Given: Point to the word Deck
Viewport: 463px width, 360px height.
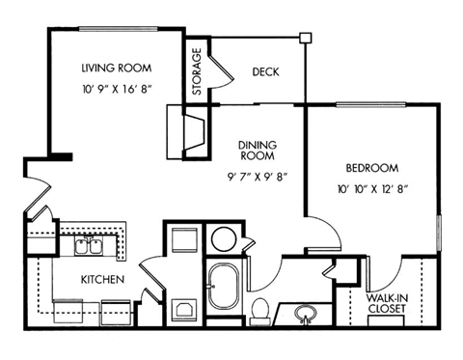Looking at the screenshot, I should pos(264,72).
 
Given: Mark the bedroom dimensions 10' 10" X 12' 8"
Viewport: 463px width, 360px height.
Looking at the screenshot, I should pos(371,188).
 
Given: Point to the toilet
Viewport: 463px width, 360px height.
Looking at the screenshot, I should pos(259,308).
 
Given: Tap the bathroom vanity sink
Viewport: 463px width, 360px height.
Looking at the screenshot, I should pos(306,314).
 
